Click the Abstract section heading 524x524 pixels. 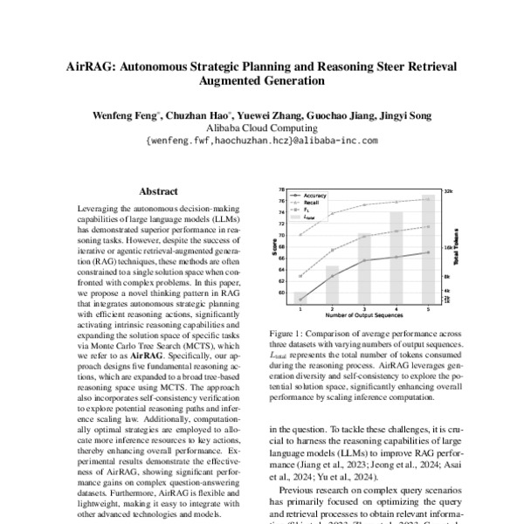coord(158,191)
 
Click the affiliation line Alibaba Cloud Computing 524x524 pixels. coord(262,127)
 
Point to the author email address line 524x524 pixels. coord(262,140)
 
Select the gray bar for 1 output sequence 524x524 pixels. coord(300,297)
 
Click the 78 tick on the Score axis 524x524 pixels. coord(282,190)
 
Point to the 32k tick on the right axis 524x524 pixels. coord(448,190)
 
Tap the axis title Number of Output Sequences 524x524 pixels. coord(364,315)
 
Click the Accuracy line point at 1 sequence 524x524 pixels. coord(300,299)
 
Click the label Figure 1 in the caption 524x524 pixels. coord(288,333)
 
